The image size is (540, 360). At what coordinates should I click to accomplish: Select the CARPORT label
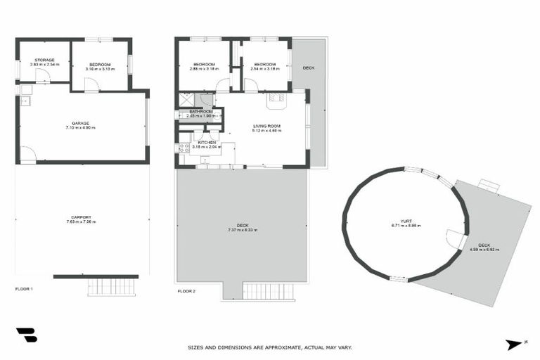pos(81,219)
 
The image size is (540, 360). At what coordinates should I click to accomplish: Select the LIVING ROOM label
pos(266,127)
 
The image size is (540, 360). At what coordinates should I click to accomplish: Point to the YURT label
pos(404,223)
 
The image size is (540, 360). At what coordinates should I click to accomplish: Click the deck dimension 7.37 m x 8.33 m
pos(242,230)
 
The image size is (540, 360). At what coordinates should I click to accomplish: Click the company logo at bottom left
pos(27,335)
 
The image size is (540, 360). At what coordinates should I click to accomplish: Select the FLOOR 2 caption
pos(186,290)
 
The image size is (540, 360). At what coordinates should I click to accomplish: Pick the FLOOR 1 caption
pos(24,289)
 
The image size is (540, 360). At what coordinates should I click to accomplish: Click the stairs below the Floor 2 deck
pos(265,291)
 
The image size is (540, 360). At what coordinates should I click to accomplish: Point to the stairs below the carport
pos(112,287)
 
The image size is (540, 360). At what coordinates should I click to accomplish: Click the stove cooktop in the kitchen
pos(184,148)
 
